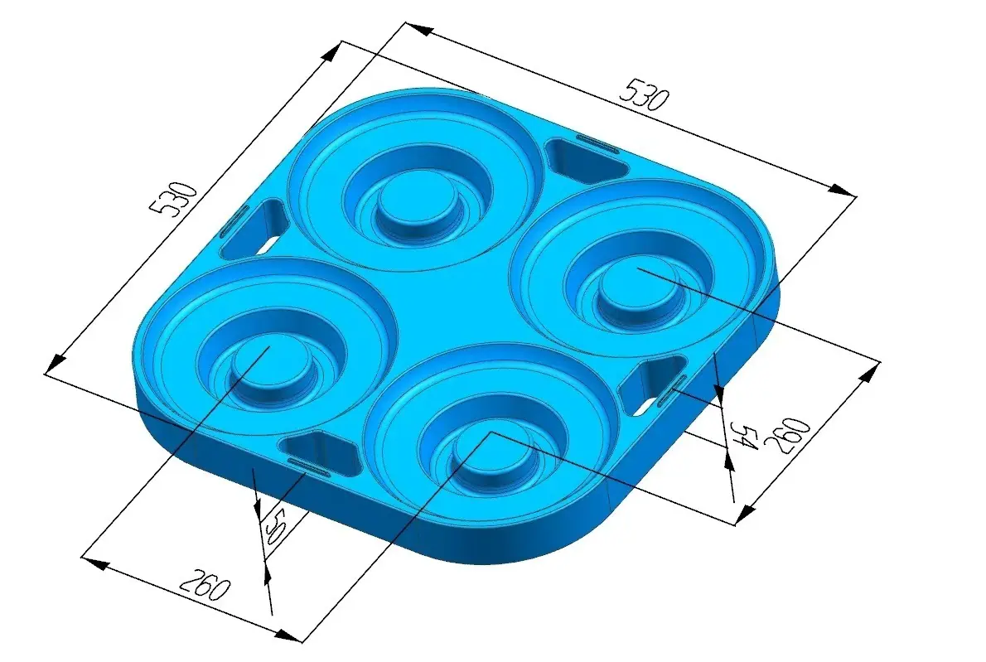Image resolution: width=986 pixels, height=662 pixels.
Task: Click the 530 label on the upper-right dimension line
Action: [645, 95]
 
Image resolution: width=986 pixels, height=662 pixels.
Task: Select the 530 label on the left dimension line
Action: [174, 199]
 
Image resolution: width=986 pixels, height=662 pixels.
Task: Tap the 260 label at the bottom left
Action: [205, 585]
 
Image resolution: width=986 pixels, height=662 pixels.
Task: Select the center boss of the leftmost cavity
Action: [271, 366]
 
